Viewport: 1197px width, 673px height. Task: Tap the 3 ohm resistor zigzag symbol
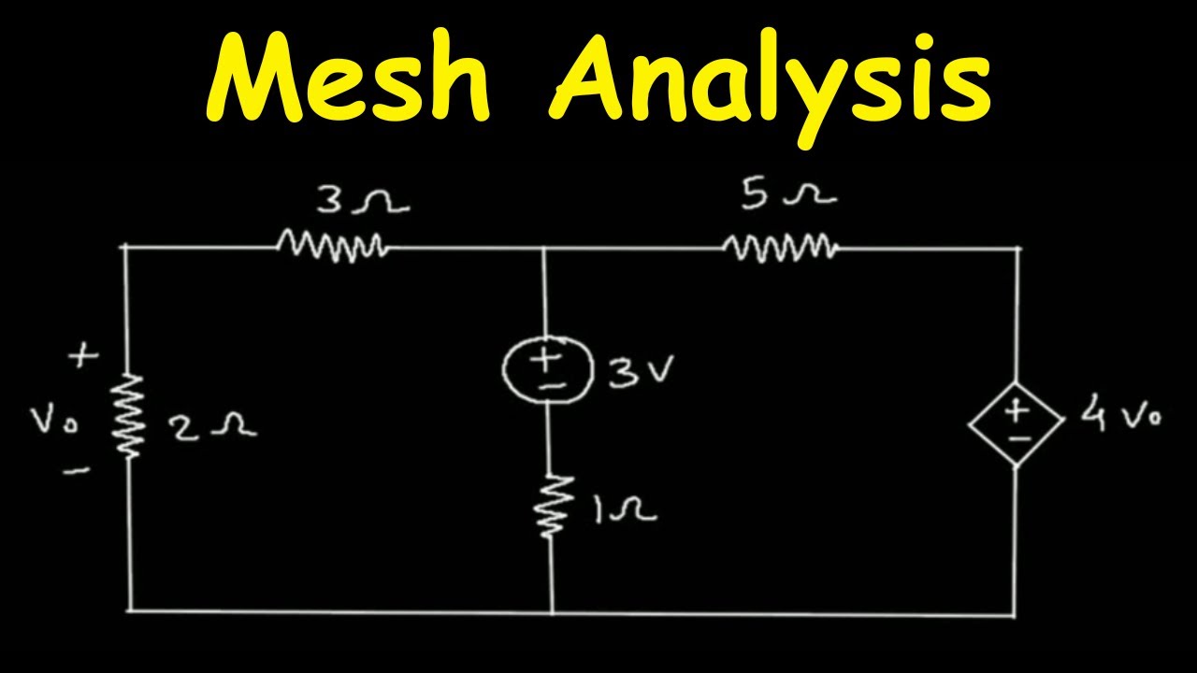(332, 247)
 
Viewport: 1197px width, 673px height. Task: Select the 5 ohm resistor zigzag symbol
(780, 248)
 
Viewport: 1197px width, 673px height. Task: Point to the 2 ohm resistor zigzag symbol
(130, 416)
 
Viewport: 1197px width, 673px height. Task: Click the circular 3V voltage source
(546, 369)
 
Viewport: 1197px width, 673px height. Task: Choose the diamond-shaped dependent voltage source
(1016, 422)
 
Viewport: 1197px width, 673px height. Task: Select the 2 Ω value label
(211, 427)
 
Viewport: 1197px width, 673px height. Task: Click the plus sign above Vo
(85, 356)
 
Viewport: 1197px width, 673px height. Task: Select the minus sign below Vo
(78, 471)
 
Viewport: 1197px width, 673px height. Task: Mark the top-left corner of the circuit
(126, 247)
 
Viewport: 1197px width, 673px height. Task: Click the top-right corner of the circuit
(1017, 249)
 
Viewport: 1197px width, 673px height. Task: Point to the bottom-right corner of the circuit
(1015, 615)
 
